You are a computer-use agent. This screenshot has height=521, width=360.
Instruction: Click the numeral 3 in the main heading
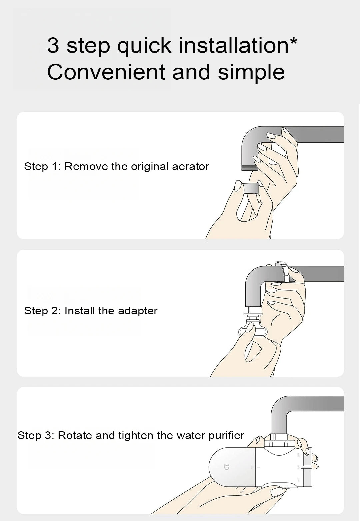pyautogui.click(x=53, y=45)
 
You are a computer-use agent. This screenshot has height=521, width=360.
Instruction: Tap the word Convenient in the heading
pyautogui.click(x=106, y=72)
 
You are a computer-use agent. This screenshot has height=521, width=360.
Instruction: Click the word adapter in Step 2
pyautogui.click(x=138, y=311)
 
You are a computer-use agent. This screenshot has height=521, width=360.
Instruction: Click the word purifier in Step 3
pyautogui.click(x=226, y=435)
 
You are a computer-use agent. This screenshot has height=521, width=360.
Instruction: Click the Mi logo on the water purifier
pyautogui.click(x=226, y=467)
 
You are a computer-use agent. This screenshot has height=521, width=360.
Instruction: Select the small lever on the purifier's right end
pyautogui.click(x=309, y=467)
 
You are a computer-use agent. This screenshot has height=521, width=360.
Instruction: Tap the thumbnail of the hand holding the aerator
pyautogui.click(x=238, y=186)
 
